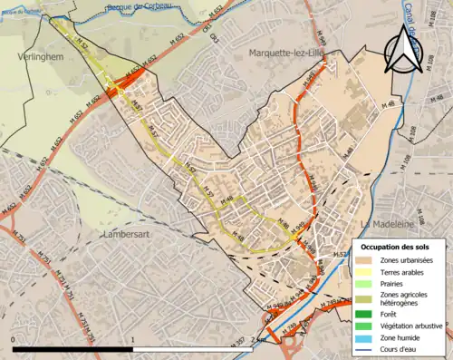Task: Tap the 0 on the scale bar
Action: tap(14, 339)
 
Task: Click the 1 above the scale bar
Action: tap(133, 339)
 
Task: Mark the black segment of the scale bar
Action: tap(73, 348)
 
